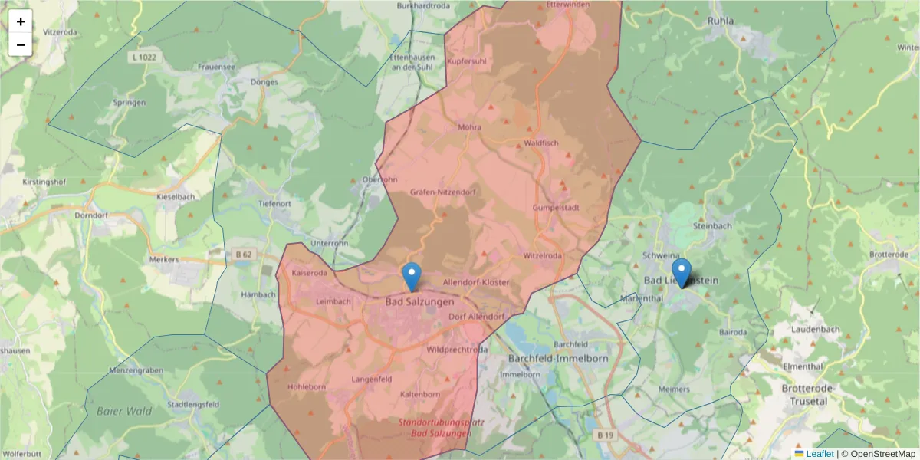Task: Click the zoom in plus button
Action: pos(21,21)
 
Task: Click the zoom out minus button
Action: pos(21,44)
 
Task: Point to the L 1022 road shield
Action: pos(143,58)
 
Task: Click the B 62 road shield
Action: pos(243,253)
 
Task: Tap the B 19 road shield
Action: pos(605,435)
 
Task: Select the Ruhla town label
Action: pos(721,21)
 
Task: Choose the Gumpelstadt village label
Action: pos(555,207)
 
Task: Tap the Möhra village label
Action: pos(469,127)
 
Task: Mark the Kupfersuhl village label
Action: pos(467,61)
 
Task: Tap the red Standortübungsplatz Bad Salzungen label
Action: pos(435,428)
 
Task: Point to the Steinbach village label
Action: pos(712,226)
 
